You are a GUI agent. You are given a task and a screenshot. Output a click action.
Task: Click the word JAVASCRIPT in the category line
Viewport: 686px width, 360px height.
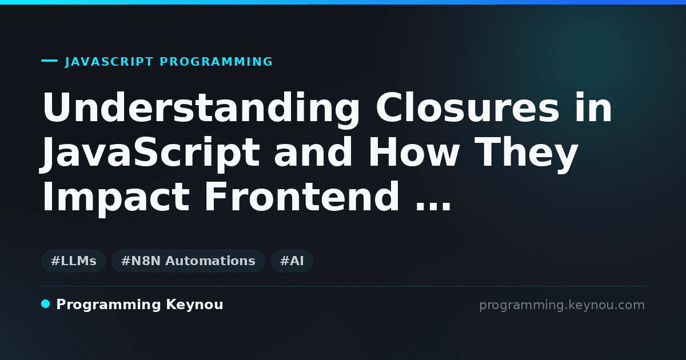(x=109, y=62)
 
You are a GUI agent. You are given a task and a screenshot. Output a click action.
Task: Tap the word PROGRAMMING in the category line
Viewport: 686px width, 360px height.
(x=216, y=62)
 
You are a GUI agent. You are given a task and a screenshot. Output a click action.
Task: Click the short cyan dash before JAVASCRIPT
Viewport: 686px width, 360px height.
(x=49, y=61)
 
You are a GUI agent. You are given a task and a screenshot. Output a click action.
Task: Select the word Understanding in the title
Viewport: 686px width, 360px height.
(x=201, y=107)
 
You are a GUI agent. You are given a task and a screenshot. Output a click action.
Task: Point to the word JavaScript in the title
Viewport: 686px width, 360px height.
(x=150, y=152)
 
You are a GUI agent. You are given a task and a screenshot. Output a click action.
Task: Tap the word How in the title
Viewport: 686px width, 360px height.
(x=414, y=152)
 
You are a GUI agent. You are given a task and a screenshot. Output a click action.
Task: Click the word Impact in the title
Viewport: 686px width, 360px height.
(x=116, y=197)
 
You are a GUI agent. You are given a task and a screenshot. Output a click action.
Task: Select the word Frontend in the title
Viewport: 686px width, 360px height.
(x=302, y=197)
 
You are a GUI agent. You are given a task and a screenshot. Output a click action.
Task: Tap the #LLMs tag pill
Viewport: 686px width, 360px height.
(x=74, y=261)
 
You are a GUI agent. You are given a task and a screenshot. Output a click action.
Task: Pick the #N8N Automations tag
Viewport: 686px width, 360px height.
(x=188, y=261)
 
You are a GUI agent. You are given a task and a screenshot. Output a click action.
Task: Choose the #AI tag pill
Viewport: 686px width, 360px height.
(x=292, y=261)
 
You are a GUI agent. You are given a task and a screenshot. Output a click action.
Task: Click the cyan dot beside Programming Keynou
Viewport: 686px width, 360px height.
(x=45, y=304)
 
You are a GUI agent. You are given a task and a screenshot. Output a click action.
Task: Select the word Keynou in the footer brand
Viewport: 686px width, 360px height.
(x=194, y=305)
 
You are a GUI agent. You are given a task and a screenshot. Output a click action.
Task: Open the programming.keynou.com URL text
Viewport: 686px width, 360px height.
(x=562, y=305)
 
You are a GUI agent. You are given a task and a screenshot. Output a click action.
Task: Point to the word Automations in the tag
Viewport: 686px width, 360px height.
(x=210, y=261)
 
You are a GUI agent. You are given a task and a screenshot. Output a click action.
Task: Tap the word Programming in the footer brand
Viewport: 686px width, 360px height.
(x=109, y=305)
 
